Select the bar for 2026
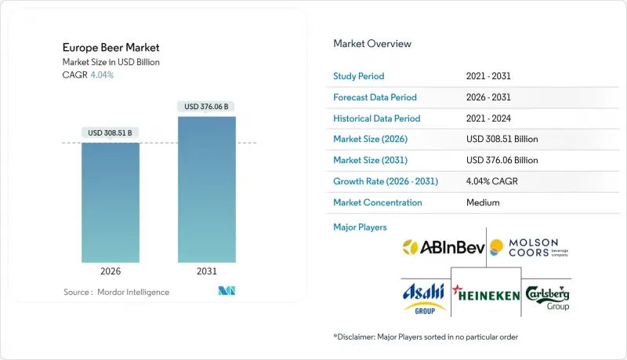[111, 202]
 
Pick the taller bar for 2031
[206, 189]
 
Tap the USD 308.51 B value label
[111, 133]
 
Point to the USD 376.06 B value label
[206, 106]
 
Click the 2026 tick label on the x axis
[111, 271]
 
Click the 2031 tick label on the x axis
[206, 271]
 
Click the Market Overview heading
[372, 44]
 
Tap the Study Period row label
[360, 76]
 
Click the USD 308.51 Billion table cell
[502, 139]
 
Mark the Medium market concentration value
[482, 202]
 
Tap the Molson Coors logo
[529, 248]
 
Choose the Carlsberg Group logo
[547, 296]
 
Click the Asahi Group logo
[424, 296]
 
